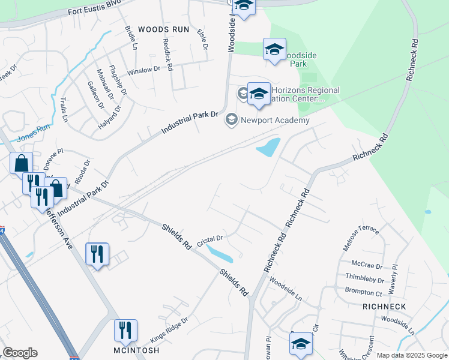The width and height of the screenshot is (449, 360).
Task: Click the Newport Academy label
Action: (275, 120)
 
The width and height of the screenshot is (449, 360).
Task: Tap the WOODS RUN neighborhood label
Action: (163, 29)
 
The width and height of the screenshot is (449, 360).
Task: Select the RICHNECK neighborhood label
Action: (384, 307)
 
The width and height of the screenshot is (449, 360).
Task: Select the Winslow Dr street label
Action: (144, 70)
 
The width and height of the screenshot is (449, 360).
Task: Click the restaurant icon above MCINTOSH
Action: (125, 330)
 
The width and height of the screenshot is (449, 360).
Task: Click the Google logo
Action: (20, 353)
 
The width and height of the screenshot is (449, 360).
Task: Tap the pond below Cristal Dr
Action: (218, 253)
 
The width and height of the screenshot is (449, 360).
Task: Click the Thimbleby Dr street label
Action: (364, 278)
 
